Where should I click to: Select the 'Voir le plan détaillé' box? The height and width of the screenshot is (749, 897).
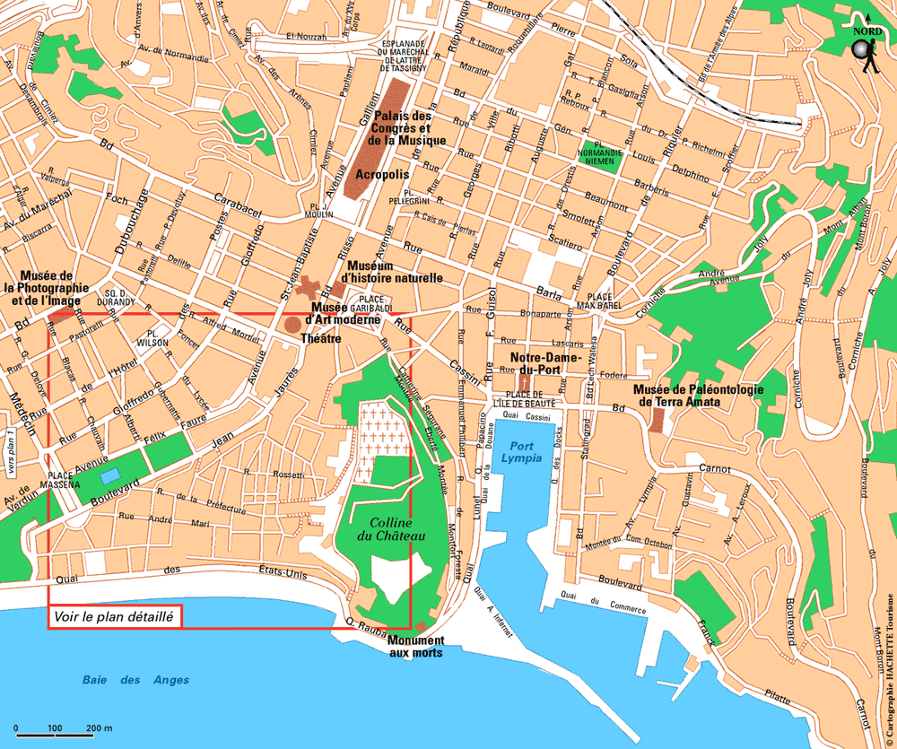point(115,616)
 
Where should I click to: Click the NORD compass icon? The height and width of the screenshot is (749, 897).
point(867,48)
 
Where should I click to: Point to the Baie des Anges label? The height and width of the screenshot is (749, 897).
point(134,680)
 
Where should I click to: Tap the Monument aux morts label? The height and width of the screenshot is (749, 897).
point(415,646)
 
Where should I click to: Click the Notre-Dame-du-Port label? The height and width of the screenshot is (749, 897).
point(546,362)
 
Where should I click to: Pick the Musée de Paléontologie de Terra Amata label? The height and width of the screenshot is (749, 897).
point(685,396)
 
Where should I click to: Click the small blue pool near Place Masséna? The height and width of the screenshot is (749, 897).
point(111,475)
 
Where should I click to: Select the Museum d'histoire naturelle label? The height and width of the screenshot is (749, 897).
point(395,273)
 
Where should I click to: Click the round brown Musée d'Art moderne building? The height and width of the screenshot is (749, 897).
point(293,324)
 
